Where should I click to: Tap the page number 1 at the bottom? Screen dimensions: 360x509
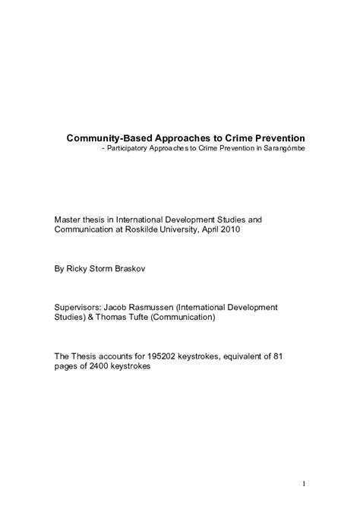(x=303, y=482)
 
